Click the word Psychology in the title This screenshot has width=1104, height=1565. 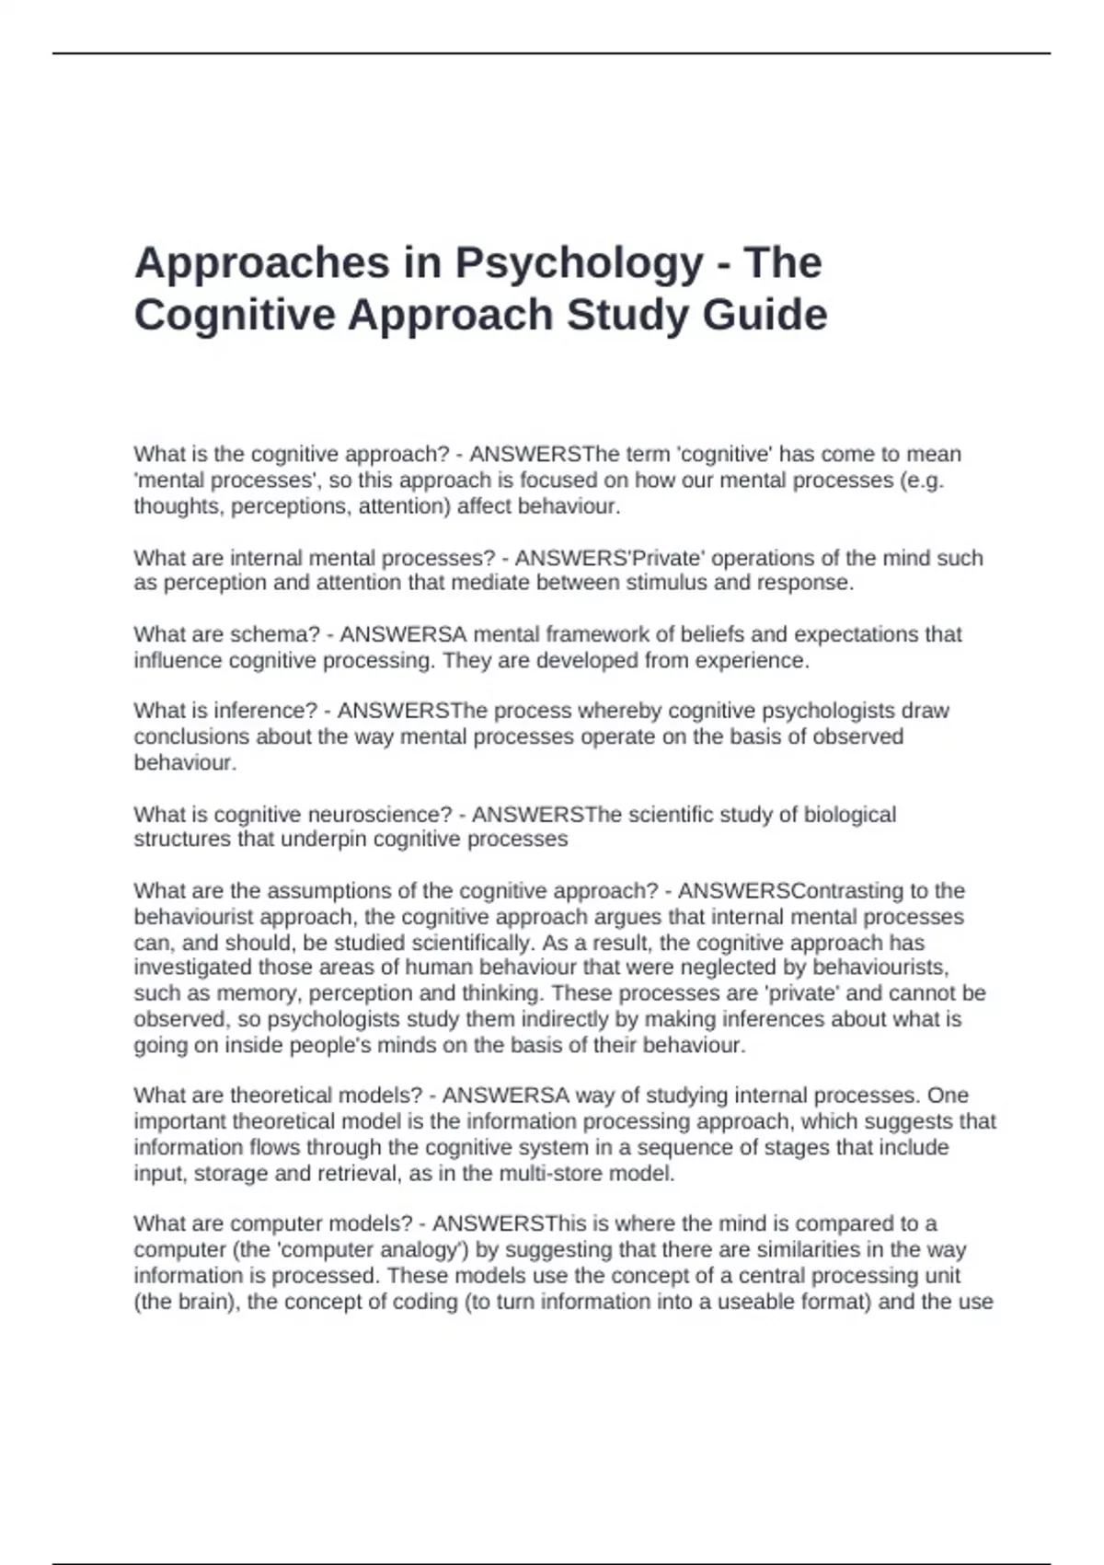(580, 264)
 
